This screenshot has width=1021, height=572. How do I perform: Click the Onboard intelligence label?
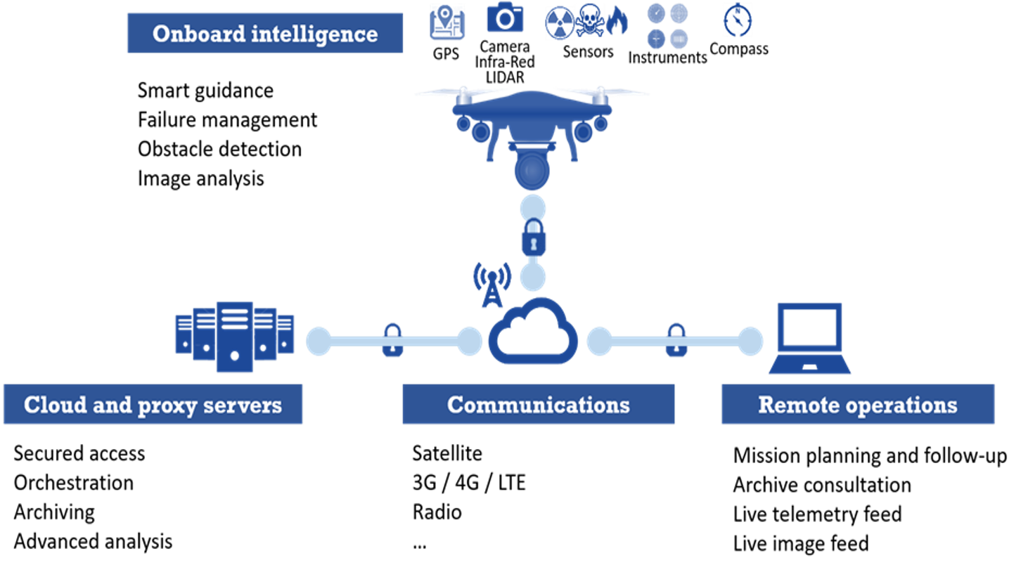[x=264, y=33]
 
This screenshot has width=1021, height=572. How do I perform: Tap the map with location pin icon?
[x=447, y=22]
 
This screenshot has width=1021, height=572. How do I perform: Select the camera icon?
[x=505, y=18]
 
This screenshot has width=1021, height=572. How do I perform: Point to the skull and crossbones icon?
[x=589, y=20]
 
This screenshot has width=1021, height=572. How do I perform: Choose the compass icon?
[x=737, y=20]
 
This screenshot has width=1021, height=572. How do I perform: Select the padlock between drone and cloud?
[x=533, y=238]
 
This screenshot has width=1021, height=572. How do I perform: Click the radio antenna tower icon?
[x=492, y=284]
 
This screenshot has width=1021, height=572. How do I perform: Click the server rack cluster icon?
[x=234, y=335]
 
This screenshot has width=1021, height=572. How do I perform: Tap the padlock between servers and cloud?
[x=392, y=341]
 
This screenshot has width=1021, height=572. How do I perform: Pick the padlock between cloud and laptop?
[x=676, y=341]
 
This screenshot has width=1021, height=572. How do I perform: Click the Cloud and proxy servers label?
[x=153, y=405]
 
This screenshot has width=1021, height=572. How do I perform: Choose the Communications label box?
[x=538, y=405]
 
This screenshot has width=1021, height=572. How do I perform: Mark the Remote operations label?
[x=857, y=405]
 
